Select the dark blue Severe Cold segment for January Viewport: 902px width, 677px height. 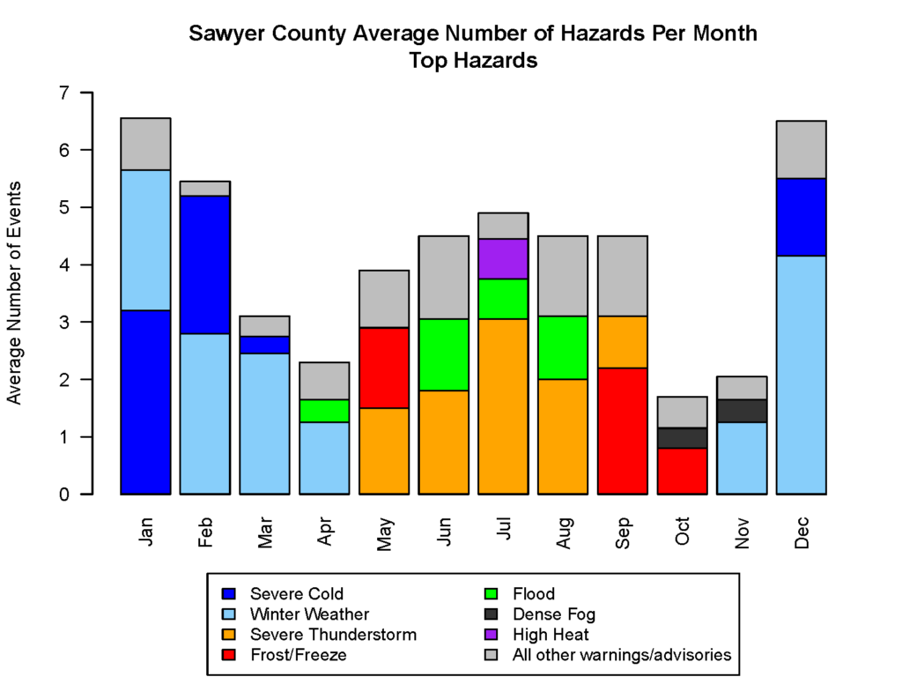145,402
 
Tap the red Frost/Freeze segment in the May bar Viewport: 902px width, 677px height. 384,368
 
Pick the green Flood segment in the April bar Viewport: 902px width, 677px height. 324,411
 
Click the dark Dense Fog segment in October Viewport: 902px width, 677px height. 682,438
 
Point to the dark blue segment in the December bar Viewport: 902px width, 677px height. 801,217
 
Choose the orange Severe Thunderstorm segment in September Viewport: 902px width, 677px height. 622,342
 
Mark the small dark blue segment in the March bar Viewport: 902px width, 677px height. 264,345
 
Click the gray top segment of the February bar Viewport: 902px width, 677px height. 205,189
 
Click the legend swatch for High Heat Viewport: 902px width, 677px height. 494,635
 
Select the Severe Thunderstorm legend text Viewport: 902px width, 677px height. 333,635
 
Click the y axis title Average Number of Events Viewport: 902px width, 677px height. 14,293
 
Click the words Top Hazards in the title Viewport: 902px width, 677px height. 473,61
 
